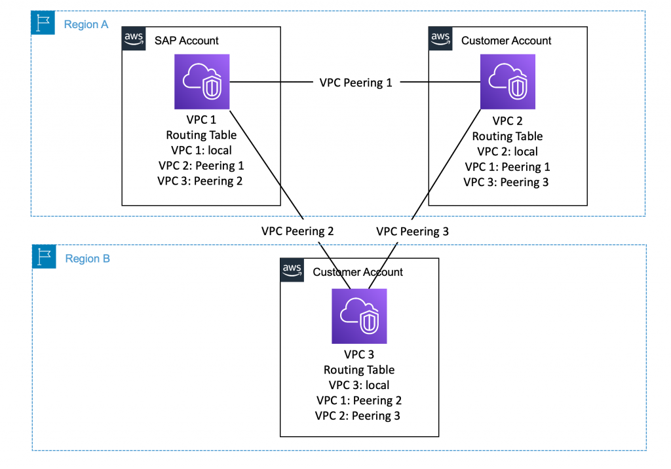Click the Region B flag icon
tap(43, 257)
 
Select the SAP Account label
tap(186, 41)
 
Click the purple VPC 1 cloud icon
tap(202, 82)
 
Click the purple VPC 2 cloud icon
tap(507, 82)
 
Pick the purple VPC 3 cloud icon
tap(359, 316)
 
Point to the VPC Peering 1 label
tap(355, 83)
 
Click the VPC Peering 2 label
tap(297, 231)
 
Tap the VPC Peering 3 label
tap(412, 231)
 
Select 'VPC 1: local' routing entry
tap(200, 151)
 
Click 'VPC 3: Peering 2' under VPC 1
tap(200, 181)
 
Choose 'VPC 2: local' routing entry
tap(507, 151)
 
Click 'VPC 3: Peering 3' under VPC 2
tap(507, 182)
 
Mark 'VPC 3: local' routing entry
tap(358, 385)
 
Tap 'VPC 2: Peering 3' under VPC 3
tap(358, 416)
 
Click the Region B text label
tap(87, 259)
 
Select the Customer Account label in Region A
tap(506, 41)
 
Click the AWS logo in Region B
tap(292, 269)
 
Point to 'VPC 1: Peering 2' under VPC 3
tap(358, 400)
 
